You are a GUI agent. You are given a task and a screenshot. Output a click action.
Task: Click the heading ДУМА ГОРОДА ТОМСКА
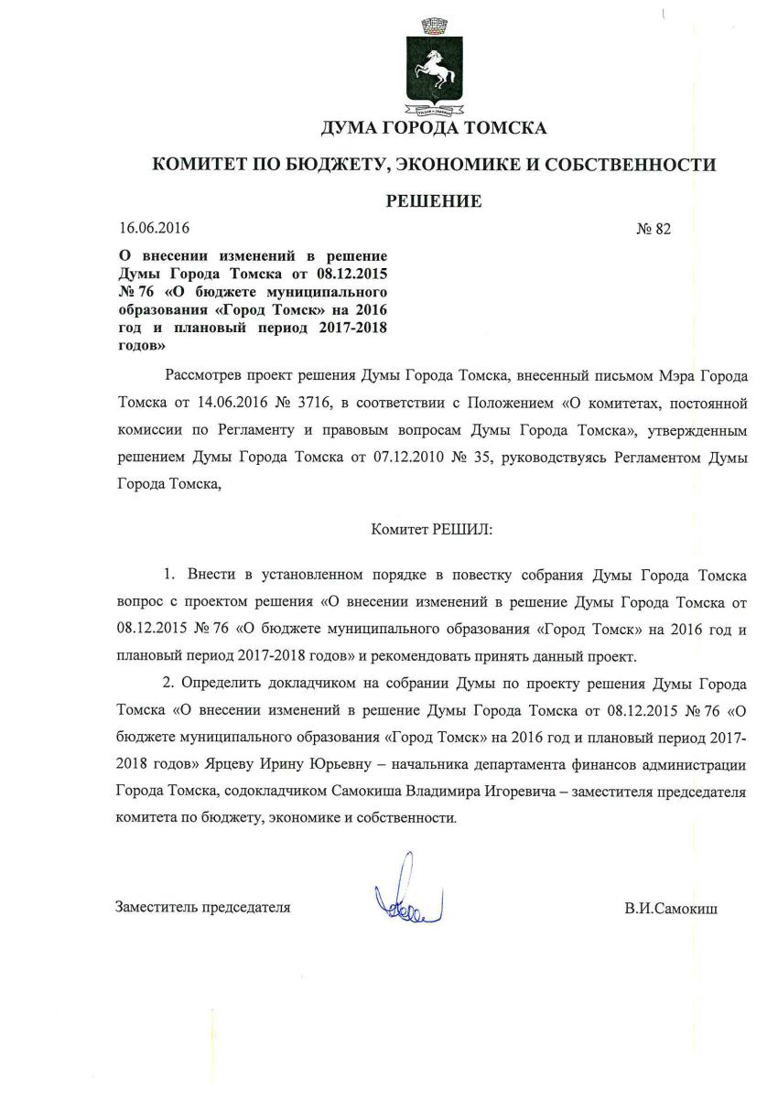433,127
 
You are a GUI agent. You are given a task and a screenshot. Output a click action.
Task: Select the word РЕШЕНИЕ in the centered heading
433,201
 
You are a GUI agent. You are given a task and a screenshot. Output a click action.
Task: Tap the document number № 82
653,229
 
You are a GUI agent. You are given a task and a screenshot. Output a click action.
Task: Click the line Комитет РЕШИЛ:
432,529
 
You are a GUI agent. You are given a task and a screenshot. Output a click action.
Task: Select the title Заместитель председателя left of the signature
202,908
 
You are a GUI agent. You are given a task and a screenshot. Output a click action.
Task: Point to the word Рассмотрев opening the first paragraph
205,378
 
